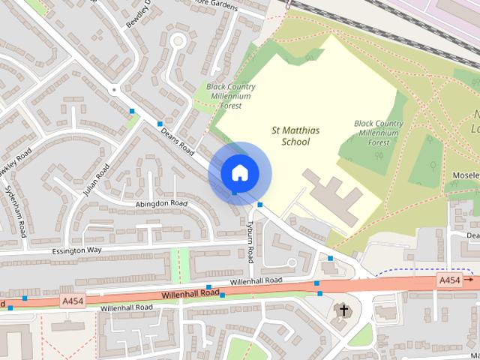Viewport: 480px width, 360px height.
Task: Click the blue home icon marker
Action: [x=238, y=172]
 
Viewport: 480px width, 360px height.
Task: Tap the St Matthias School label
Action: [x=295, y=136]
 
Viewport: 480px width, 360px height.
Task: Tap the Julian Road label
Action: [x=97, y=180]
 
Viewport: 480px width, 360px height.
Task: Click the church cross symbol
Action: [x=344, y=310]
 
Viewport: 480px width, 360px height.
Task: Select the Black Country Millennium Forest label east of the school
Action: [x=379, y=132]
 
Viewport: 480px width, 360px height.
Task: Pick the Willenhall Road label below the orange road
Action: [x=126, y=307]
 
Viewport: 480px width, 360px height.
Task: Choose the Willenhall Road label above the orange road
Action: [x=256, y=280]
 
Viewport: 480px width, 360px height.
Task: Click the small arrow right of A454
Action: [x=469, y=280]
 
